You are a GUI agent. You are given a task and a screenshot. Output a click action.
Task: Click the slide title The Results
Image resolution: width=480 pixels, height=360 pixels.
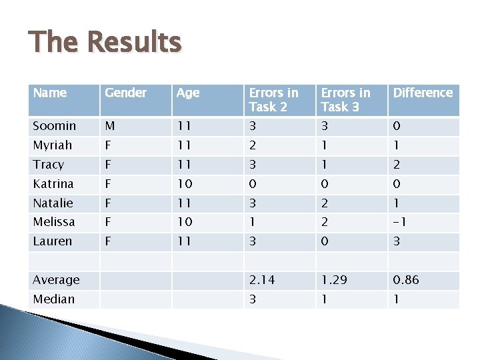coord(105,42)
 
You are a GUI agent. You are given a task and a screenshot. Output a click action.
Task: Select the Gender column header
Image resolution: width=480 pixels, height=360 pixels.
coord(126,93)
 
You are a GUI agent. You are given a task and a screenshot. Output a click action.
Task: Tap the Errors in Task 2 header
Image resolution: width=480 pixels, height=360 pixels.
coord(273,99)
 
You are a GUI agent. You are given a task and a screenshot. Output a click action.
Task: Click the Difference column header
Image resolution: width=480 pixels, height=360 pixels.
coord(423,93)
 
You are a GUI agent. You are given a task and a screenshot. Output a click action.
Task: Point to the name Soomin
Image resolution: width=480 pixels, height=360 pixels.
coord(55,126)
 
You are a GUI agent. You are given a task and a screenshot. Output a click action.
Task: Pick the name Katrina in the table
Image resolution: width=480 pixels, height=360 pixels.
coord(53,183)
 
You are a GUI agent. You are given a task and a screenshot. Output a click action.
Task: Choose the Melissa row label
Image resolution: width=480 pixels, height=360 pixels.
coord(54,221)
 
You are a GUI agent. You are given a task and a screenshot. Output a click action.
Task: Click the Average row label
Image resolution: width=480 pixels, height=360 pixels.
coord(57,280)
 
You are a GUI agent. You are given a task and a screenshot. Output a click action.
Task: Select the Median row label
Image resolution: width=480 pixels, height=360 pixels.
coord(54,299)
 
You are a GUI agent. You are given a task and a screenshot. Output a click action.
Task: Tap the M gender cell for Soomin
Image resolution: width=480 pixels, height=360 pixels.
coord(110,126)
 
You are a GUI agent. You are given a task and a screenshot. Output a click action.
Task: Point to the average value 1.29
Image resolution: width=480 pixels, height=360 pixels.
coord(333,280)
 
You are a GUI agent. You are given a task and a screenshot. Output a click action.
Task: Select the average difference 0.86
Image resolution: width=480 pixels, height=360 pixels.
coord(406,280)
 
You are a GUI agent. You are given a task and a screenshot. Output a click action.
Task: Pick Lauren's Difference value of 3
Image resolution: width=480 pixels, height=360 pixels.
coord(397,241)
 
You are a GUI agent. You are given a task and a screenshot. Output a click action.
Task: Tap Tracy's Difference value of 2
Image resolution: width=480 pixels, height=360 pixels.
coord(397,165)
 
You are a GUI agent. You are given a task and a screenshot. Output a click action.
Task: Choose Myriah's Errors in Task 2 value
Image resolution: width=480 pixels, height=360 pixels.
coord(253,145)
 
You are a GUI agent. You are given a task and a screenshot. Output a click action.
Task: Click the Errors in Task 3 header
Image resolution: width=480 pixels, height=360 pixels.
coord(345,99)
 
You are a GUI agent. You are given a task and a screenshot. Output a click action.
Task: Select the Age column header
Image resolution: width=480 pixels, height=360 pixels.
coord(188,93)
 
